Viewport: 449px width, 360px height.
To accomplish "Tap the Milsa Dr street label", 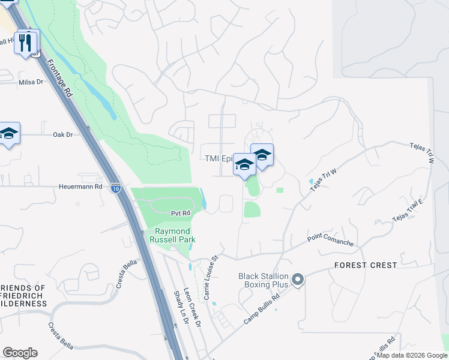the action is (32, 82).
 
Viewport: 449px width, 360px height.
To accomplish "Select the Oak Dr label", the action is (62, 135).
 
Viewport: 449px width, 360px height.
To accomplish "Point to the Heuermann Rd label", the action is (80, 187).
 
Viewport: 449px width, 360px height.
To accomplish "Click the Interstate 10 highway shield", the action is (116, 188).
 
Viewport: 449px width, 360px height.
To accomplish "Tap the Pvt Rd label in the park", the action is (180, 213).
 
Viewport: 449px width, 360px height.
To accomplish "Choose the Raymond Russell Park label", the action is (173, 235).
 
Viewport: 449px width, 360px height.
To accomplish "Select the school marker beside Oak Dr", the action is (9, 134).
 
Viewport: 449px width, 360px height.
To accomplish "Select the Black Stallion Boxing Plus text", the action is (264, 280).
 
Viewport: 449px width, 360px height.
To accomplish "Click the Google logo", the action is (20, 353).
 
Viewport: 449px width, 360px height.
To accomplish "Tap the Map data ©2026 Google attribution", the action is (411, 355).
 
